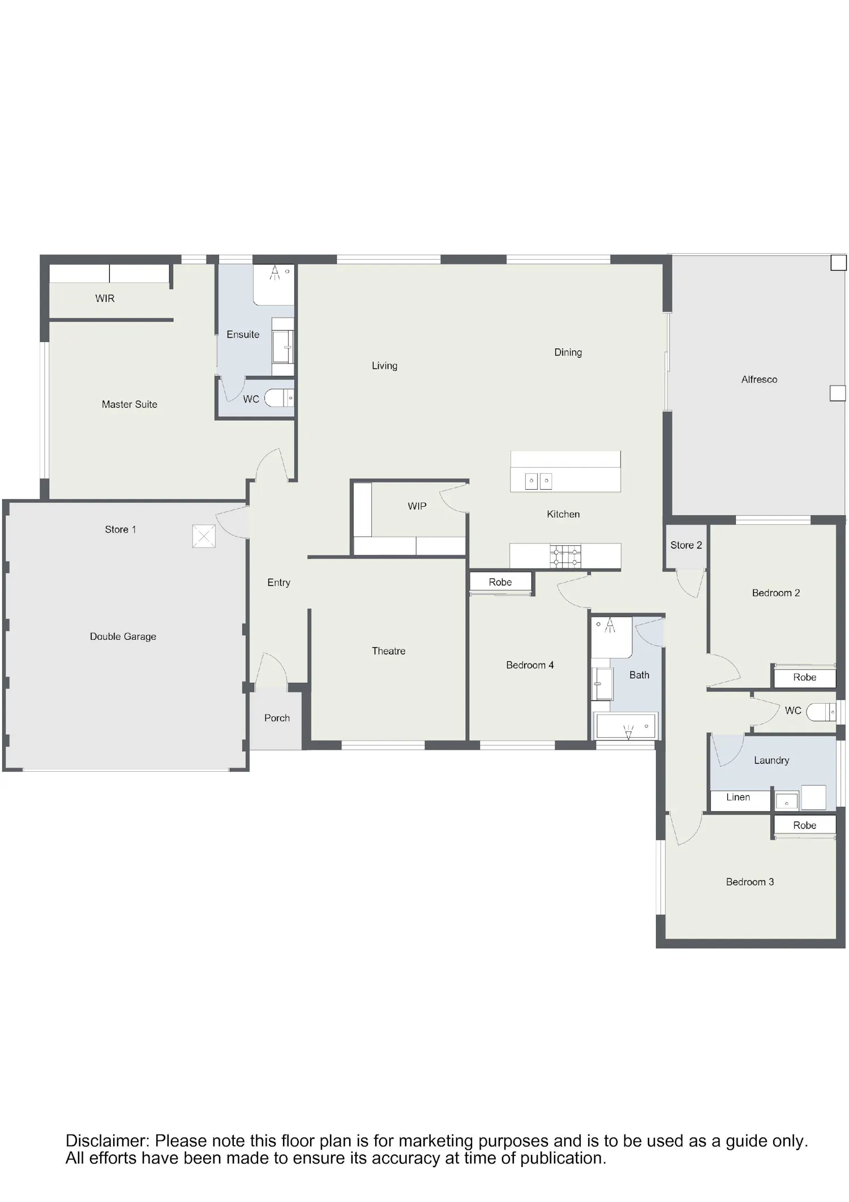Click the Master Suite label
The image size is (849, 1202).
tap(130, 404)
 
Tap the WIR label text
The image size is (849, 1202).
tap(105, 298)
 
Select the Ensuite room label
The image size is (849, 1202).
tap(243, 335)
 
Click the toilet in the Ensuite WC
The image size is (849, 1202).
tap(280, 398)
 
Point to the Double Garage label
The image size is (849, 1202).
tap(123, 636)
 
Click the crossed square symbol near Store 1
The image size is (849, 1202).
tap(204, 536)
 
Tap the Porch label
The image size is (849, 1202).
tap(277, 718)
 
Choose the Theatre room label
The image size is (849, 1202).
tap(388, 651)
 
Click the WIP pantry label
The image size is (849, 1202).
tap(417, 506)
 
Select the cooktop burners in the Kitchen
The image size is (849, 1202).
tap(565, 556)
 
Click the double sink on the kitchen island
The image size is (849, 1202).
tap(538, 481)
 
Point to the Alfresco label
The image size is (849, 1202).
tap(759, 379)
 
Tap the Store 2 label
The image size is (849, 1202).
tap(686, 545)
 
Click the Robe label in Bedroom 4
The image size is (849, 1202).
tap(500, 582)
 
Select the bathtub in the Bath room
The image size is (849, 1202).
tap(625, 726)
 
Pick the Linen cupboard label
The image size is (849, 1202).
tap(738, 797)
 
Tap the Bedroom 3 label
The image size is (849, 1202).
tap(749, 882)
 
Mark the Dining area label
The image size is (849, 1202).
tap(568, 352)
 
